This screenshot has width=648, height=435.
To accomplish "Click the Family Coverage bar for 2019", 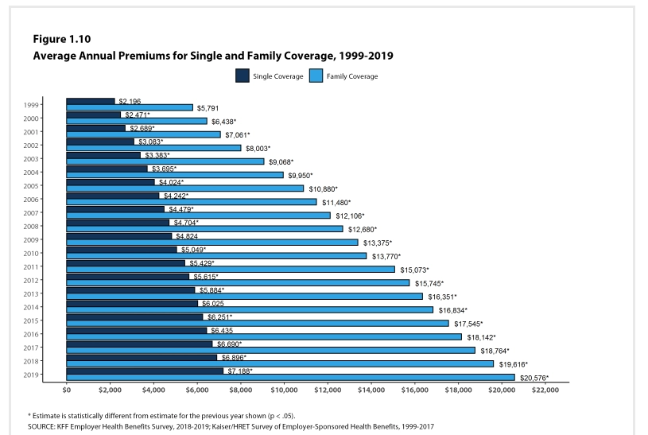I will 290,378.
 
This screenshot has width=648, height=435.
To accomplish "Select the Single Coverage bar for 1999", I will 91,101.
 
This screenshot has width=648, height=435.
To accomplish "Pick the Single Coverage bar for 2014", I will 132,303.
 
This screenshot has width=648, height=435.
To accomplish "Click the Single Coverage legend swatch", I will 243,76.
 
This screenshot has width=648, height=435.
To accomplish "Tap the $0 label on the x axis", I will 67,391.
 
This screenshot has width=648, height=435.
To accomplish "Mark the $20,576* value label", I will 534,378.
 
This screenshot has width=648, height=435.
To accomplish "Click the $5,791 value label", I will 208,107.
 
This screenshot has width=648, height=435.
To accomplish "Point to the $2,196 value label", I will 130,101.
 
